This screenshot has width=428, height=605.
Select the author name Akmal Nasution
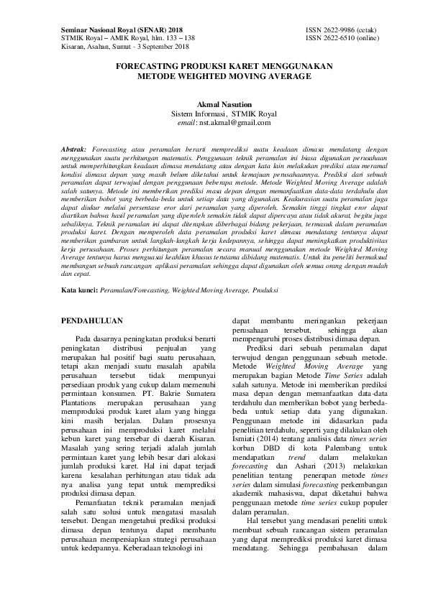pos(214,104)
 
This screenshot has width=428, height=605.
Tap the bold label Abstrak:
pos(73,147)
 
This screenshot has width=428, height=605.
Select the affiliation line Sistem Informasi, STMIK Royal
pos(214,114)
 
